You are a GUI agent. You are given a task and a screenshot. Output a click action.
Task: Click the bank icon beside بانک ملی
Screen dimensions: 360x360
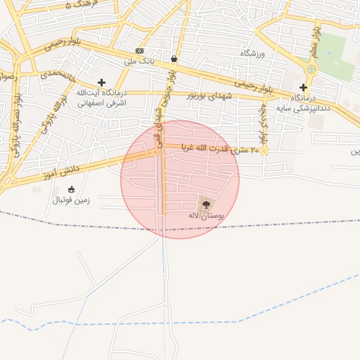point(139,51)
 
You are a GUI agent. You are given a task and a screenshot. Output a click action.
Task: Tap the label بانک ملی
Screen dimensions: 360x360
point(139,61)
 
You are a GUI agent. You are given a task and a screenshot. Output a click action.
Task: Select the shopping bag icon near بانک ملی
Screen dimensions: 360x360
point(174,58)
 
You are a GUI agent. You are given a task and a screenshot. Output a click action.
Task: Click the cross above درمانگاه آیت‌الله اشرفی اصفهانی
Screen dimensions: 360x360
point(101,83)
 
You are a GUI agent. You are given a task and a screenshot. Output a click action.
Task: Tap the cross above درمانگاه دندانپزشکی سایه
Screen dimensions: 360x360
point(303,87)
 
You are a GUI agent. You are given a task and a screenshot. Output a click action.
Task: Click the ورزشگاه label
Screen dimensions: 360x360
point(251,53)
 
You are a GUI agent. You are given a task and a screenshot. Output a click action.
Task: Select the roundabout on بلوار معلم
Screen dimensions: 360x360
point(311,69)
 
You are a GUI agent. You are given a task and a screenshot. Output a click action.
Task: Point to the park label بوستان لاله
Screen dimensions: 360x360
point(205,217)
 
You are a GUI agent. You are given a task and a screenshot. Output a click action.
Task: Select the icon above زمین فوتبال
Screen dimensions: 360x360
point(71,189)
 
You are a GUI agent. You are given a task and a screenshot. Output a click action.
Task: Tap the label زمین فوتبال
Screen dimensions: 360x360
point(70,200)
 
